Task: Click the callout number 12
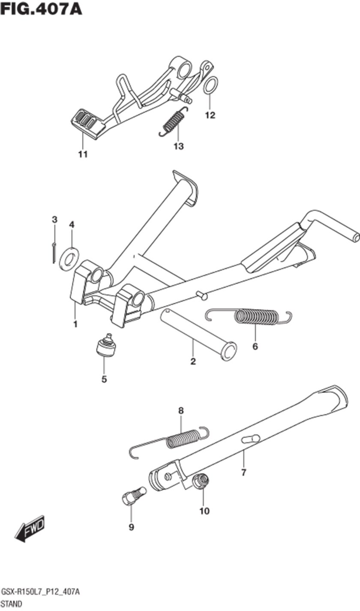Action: (210, 115)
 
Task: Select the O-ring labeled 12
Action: (211, 85)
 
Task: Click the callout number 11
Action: (83, 154)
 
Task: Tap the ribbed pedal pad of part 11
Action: (87, 123)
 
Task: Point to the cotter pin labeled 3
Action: (54, 253)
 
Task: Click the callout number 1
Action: (75, 324)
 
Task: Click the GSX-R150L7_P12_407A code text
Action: (40, 592)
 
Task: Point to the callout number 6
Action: (255, 346)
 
